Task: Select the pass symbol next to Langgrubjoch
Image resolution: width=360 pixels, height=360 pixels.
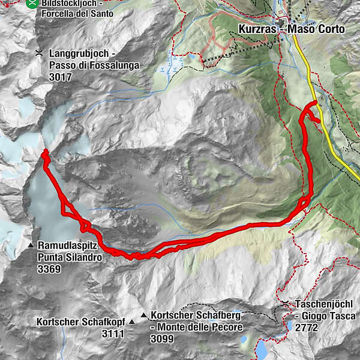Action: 38,53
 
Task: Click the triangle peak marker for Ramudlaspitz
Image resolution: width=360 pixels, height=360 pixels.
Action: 30,246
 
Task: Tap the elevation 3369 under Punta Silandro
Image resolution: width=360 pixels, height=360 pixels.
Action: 50,269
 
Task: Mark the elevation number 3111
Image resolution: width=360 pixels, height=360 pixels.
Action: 113,333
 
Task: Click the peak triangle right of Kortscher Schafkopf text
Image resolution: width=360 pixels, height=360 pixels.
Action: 143,315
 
